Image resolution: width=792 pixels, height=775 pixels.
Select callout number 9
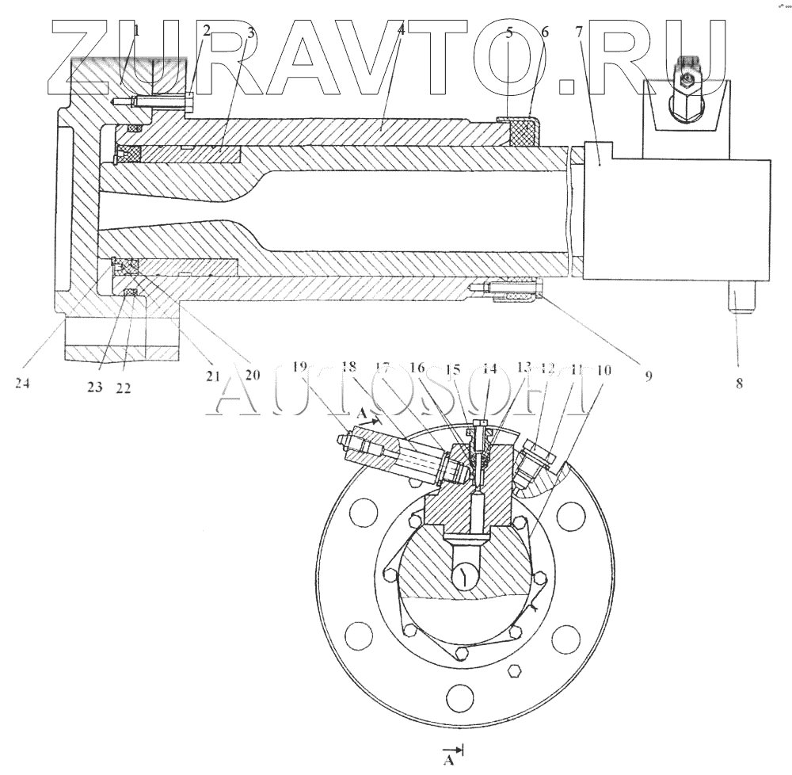[x=648, y=377]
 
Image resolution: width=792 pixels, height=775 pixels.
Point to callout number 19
[x=299, y=367]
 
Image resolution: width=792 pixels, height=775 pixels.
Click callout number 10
[x=604, y=368]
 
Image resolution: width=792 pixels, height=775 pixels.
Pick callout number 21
[x=212, y=377]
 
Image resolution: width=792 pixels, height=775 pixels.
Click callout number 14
[x=489, y=368]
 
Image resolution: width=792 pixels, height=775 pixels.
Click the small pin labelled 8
[x=741, y=300]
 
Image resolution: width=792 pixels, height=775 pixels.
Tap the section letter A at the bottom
[x=449, y=762]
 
